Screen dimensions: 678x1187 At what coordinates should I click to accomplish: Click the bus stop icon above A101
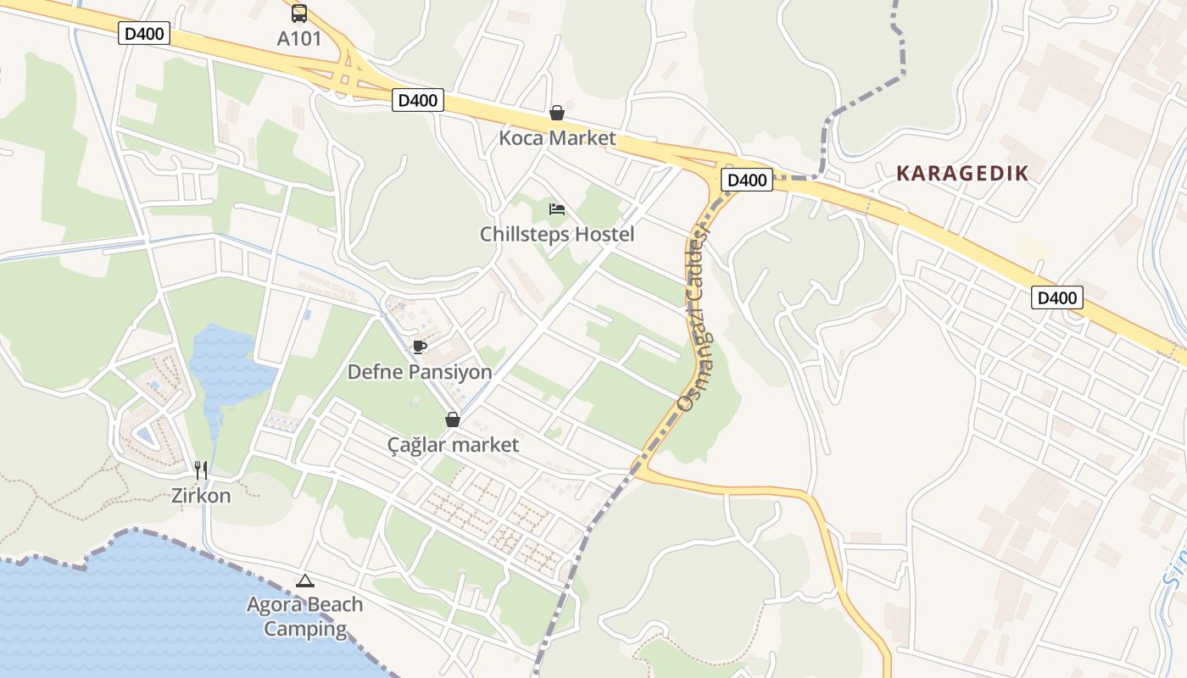coord(299,14)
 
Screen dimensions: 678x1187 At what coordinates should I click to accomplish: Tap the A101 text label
coord(299,38)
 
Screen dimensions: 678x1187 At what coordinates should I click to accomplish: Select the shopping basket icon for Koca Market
coord(557,113)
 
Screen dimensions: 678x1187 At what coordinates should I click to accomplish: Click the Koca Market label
coord(557,137)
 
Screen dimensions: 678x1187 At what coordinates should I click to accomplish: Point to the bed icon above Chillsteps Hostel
coord(557,209)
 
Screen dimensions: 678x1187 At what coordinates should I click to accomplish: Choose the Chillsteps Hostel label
coord(557,234)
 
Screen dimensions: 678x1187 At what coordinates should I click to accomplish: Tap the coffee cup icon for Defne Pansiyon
coord(419,347)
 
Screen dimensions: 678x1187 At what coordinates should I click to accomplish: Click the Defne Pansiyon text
coord(420,372)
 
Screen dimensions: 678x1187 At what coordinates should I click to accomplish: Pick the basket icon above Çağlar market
coord(453,420)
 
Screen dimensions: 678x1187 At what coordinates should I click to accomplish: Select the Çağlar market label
coord(453,444)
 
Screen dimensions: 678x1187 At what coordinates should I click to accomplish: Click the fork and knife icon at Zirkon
coord(201,470)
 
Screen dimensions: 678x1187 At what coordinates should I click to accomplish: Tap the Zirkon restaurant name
coord(201,496)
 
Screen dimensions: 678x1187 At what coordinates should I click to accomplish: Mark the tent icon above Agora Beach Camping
coord(304,581)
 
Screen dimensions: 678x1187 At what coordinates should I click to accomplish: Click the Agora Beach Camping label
coord(304,617)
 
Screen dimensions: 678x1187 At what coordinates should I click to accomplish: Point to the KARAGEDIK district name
coord(962,174)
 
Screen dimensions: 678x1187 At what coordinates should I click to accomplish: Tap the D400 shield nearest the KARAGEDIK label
coord(747,180)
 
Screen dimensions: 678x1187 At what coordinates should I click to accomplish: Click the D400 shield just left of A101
coord(146,34)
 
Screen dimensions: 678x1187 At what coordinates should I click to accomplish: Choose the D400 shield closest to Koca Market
coord(418,100)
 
